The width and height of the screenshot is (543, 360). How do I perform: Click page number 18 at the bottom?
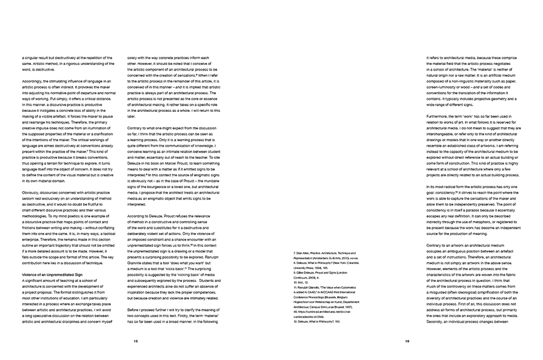[136, 341]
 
